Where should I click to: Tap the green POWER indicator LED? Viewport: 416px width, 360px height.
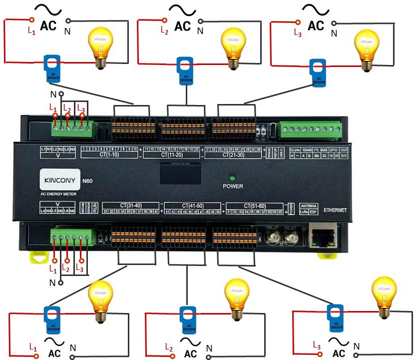pos(232,177)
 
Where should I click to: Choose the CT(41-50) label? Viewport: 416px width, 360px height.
pos(193,205)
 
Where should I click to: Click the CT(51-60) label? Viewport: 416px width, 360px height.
pos(255,205)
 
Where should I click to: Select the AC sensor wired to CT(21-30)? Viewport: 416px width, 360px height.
pos(317,73)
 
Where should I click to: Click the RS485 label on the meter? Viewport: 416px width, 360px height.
pos(308,149)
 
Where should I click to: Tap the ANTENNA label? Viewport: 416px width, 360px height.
pos(308,205)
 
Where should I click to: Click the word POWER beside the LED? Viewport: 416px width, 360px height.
pos(233,186)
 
